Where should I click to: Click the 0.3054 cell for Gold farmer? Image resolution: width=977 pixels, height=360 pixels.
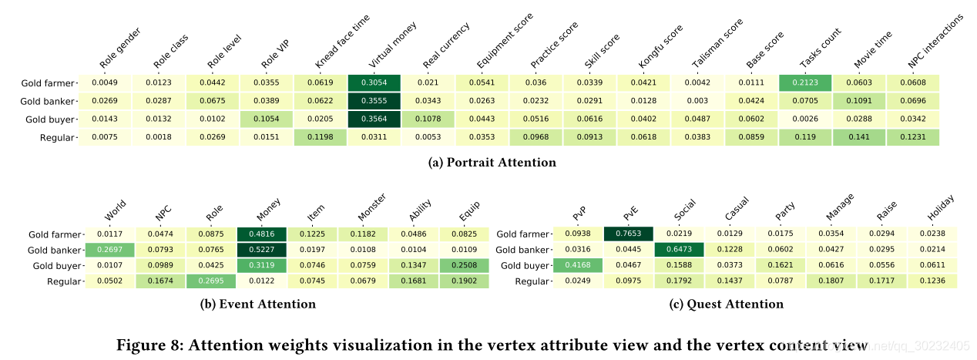click(374, 83)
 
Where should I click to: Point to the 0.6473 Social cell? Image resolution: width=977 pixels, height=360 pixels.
click(679, 250)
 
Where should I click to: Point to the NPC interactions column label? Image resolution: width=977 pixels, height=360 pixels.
click(935, 40)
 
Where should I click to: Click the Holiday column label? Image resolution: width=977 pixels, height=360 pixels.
click(941, 209)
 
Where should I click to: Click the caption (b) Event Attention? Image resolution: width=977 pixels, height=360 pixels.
click(258, 304)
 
